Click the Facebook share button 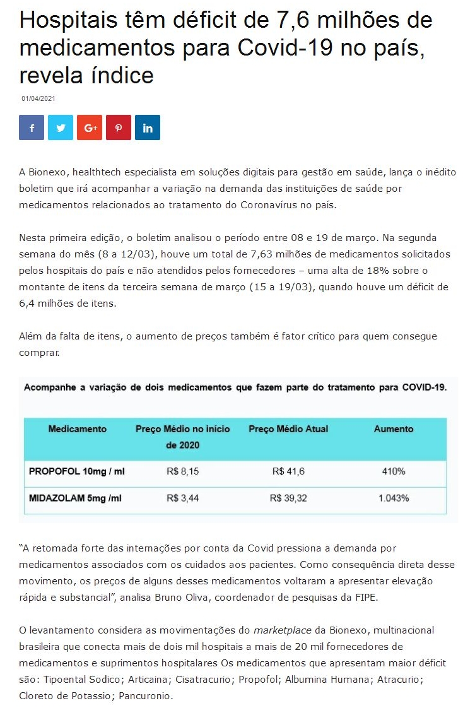(x=32, y=127)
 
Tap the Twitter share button (x=61, y=127)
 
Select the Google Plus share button (x=90, y=127)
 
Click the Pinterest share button (x=119, y=127)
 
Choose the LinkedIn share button (x=148, y=127)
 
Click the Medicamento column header (x=78, y=429)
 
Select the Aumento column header (x=394, y=429)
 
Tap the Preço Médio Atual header (x=288, y=429)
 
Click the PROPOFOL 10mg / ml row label (x=78, y=471)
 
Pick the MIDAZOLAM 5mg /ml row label (x=75, y=498)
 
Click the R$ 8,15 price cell (x=183, y=471)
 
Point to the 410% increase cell (x=394, y=471)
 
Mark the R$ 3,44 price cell (x=183, y=498)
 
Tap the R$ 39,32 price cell (x=288, y=498)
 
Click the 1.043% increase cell (x=394, y=498)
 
